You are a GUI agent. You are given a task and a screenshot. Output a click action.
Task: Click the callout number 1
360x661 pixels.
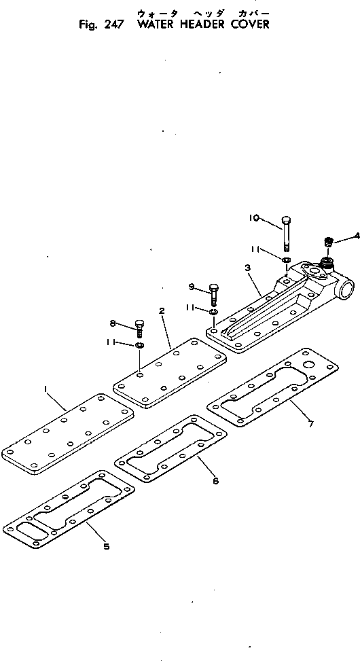tap(46, 389)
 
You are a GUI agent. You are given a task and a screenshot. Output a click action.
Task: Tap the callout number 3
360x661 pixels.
tap(248, 269)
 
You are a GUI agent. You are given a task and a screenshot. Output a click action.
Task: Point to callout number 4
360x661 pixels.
tap(356, 237)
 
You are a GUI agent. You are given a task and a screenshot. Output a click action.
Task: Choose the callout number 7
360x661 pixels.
tap(310, 425)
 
